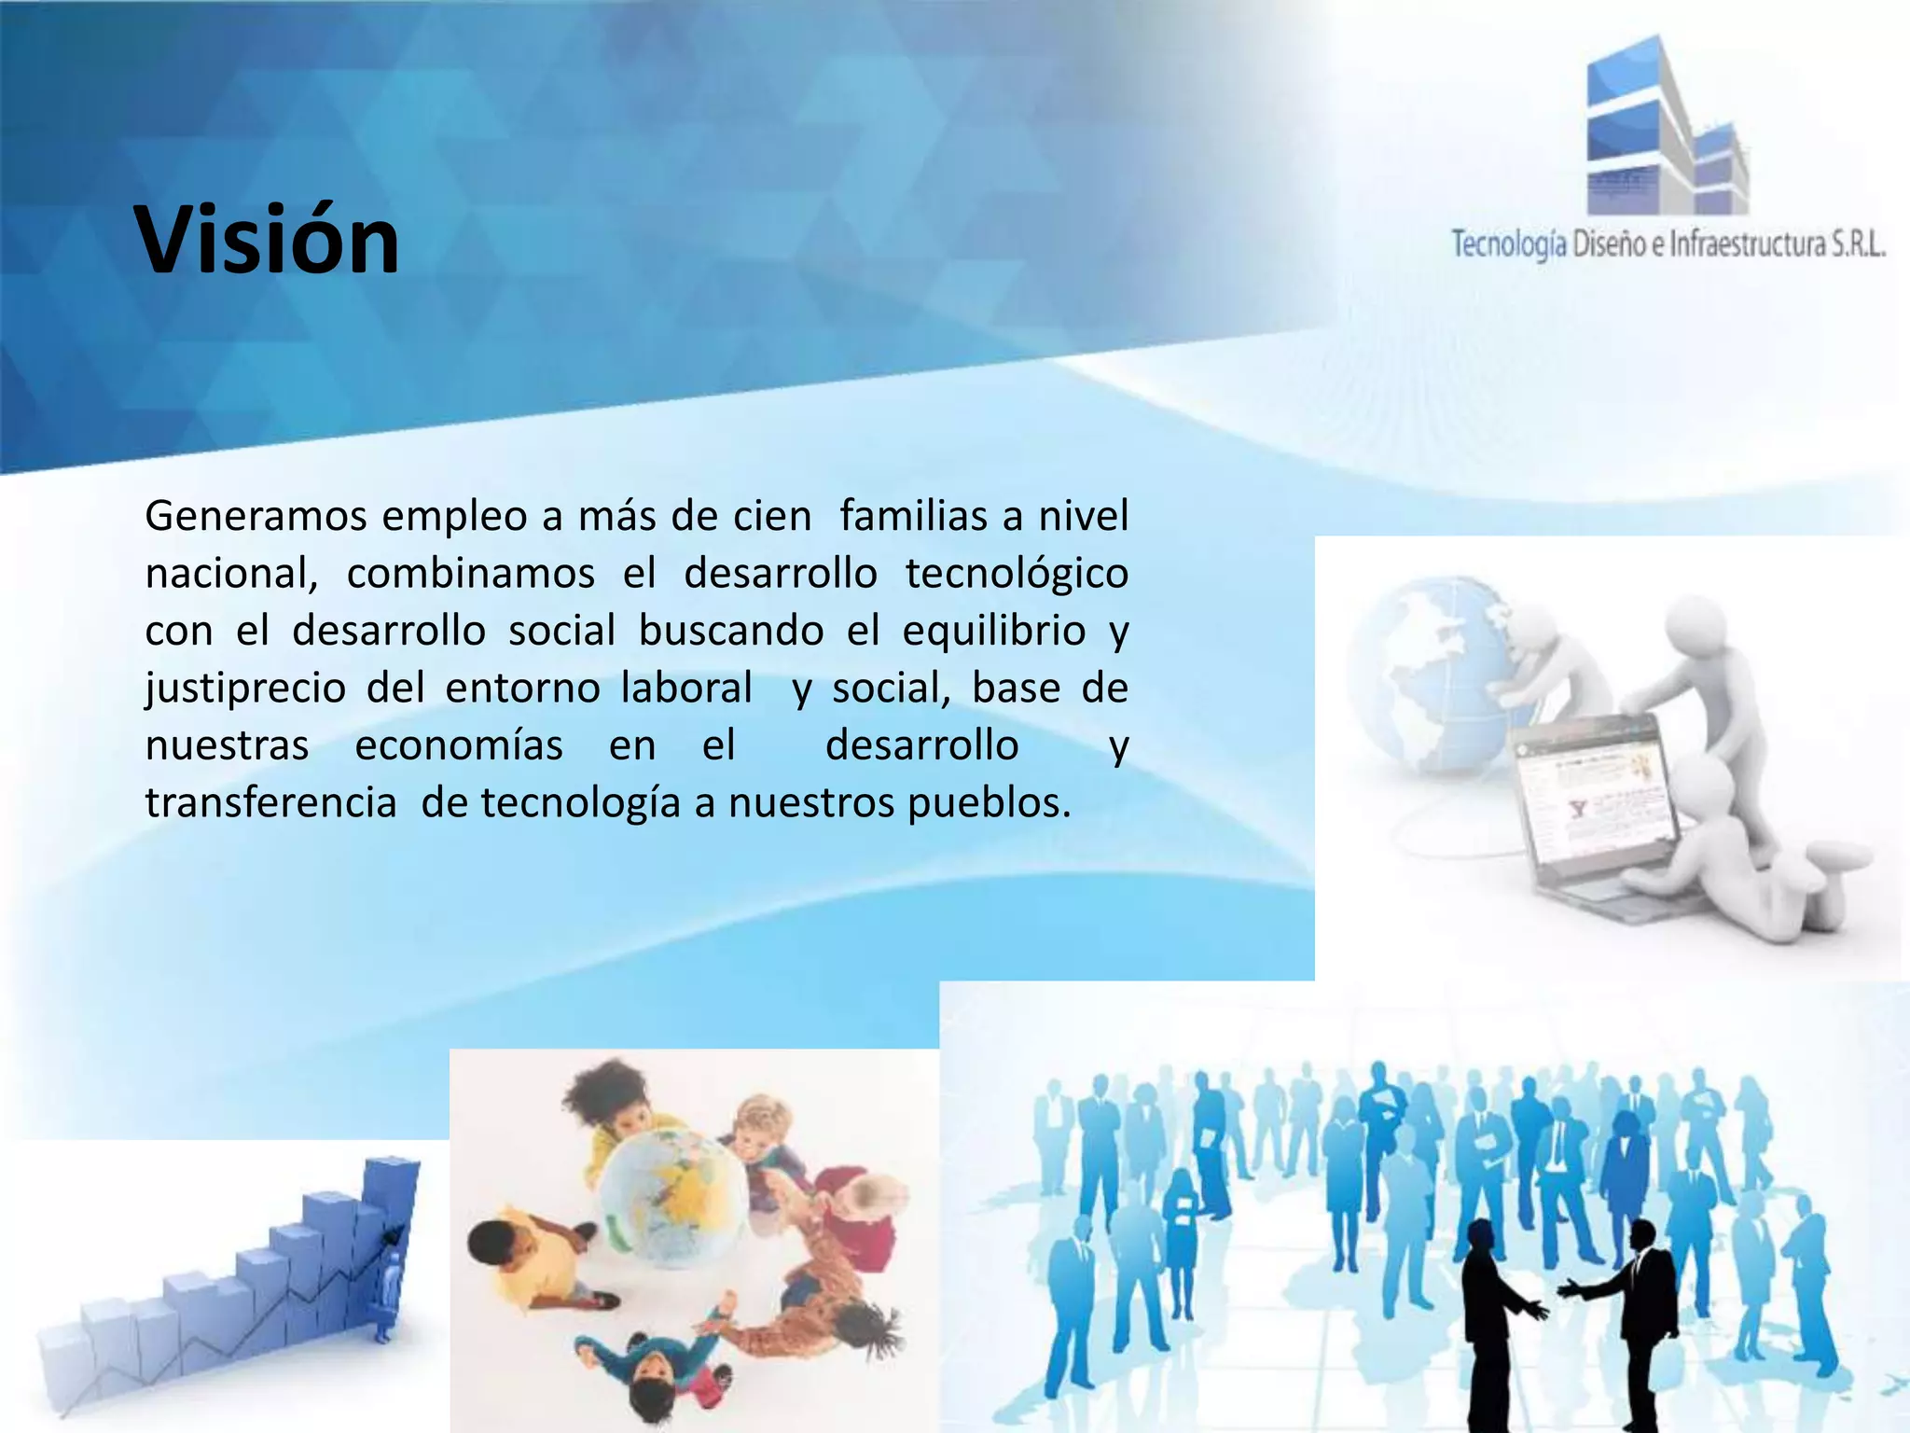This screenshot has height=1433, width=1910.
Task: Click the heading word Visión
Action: [268, 241]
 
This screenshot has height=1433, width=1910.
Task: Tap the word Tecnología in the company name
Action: [1508, 244]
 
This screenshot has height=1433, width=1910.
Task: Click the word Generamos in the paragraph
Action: [256, 516]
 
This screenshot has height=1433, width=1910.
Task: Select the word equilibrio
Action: [993, 631]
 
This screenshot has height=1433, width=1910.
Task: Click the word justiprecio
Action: [245, 689]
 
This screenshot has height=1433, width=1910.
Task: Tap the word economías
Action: [459, 745]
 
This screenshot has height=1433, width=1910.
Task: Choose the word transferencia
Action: [270, 803]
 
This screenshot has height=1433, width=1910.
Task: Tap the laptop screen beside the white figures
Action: [1585, 793]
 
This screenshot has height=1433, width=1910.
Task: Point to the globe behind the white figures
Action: [1427, 672]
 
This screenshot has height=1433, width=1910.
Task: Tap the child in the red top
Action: [858, 1213]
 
